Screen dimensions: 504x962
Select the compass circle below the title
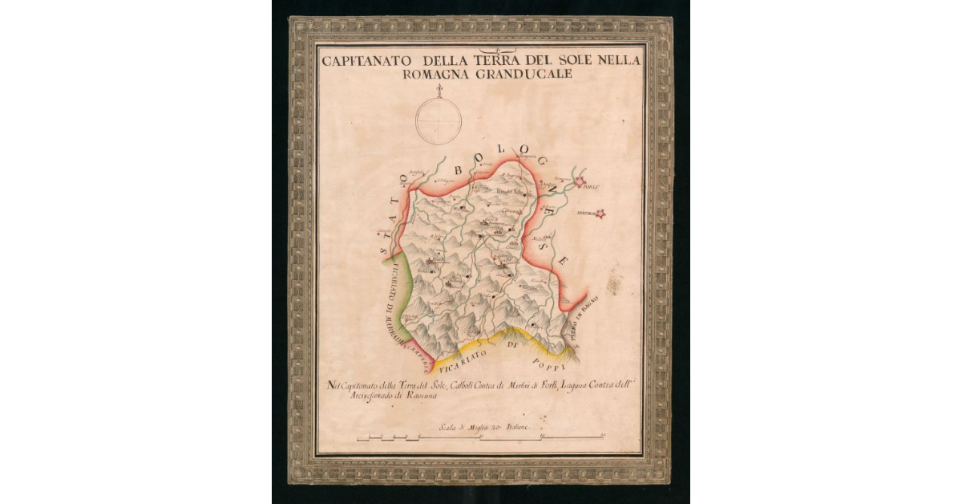point(439,120)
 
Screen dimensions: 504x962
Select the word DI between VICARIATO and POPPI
point(515,345)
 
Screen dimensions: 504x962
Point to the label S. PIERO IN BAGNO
point(584,330)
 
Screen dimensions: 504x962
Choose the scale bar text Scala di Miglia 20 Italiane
point(480,428)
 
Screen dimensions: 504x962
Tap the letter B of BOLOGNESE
point(459,169)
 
